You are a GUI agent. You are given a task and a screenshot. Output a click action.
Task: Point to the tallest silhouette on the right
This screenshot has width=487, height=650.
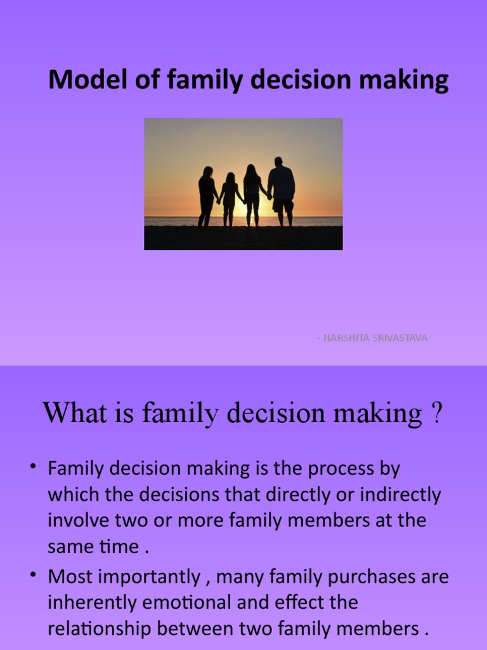point(282,190)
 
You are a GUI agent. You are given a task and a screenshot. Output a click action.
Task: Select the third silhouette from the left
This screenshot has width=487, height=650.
point(252,194)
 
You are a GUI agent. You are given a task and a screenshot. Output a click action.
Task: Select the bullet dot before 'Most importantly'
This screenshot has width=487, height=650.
point(33,576)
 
